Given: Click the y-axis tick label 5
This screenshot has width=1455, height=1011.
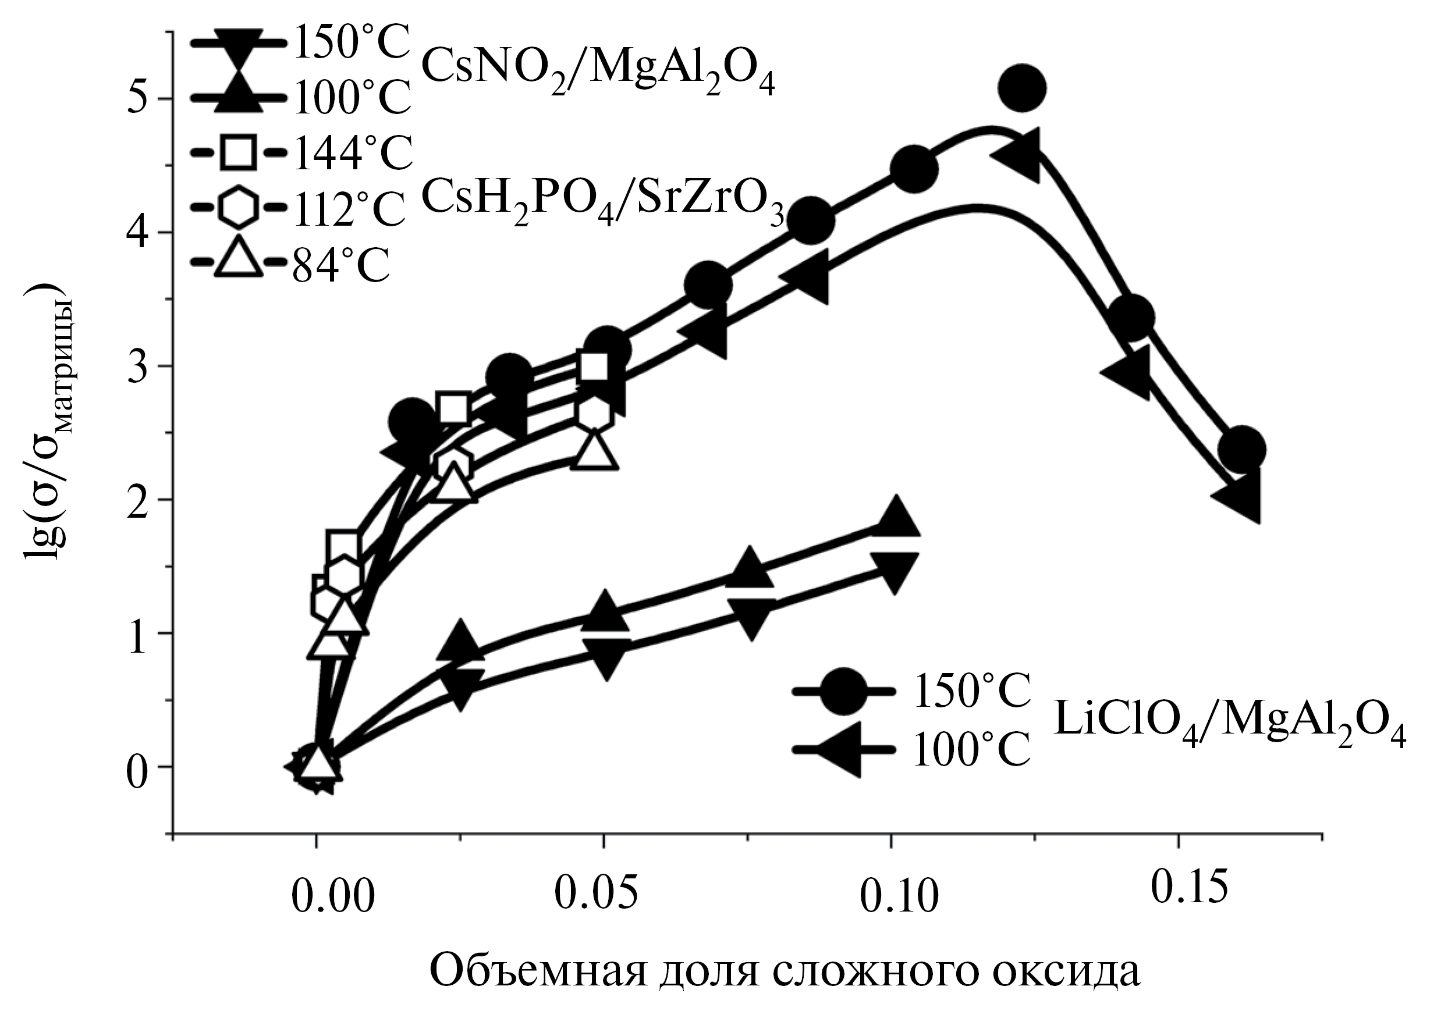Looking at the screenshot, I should (139, 99).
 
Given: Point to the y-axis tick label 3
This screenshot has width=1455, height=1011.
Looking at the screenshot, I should (139, 366).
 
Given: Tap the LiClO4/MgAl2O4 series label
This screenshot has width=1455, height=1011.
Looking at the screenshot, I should (1229, 731).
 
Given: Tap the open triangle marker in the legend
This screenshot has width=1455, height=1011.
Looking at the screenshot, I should (238, 258).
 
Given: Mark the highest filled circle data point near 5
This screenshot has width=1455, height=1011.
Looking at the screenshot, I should (1021, 88).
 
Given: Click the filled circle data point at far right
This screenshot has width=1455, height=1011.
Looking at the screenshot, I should (1241, 450).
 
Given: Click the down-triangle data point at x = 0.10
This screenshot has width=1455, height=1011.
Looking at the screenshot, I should (894, 568).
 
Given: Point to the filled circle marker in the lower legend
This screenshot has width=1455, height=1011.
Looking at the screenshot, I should (843, 692).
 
